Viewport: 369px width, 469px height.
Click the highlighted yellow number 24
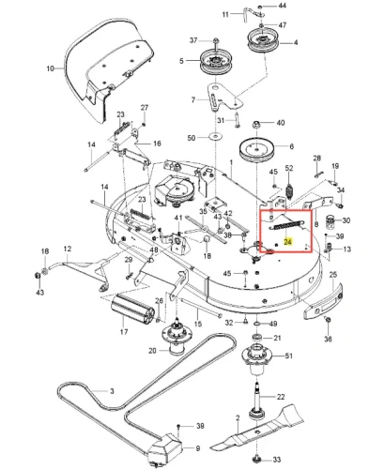point(288,242)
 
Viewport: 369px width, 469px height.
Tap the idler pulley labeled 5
point(214,62)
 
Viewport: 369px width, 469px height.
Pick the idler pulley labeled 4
point(263,40)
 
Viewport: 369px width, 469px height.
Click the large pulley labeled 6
point(256,149)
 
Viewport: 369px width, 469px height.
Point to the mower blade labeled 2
point(257,432)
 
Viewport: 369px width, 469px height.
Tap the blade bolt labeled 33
point(257,460)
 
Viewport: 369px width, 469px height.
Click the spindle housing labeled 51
point(257,358)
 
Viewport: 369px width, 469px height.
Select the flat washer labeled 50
point(215,136)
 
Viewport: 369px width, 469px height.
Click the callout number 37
point(193,40)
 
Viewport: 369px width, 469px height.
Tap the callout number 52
point(289,168)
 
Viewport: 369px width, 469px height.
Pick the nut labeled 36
point(329,320)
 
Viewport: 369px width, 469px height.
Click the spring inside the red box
point(287,224)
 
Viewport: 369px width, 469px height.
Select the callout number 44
point(282,6)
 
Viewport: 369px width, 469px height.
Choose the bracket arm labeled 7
point(219,97)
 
